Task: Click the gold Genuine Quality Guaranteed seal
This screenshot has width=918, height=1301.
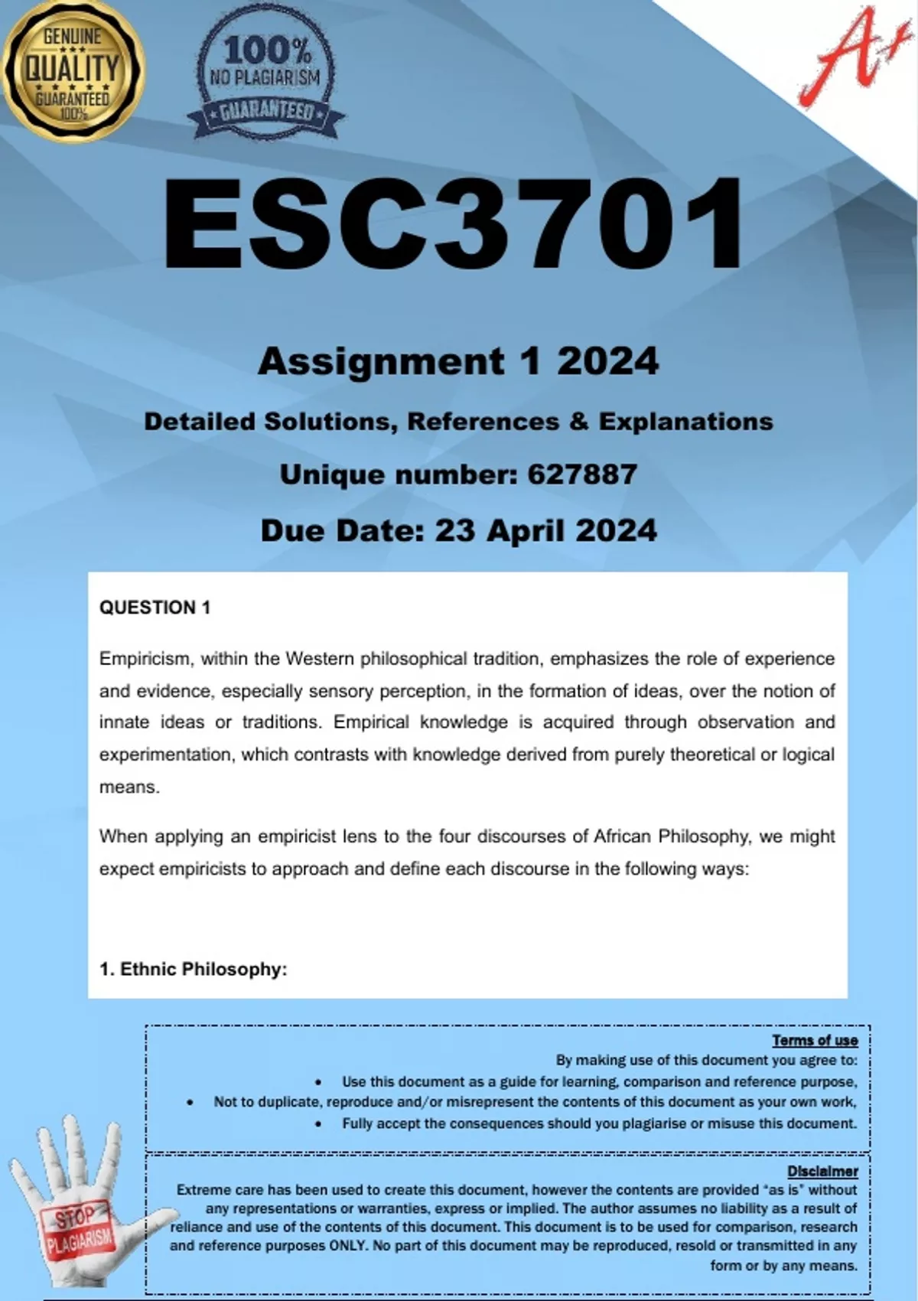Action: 73,70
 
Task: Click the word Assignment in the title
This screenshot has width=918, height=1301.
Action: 381,361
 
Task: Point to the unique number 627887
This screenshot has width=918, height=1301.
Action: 582,474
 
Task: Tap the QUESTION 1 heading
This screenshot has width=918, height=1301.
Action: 155,608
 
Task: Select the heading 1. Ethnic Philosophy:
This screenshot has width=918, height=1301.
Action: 193,969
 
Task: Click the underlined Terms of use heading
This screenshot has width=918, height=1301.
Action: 815,1040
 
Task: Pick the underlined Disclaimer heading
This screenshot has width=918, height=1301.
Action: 822,1171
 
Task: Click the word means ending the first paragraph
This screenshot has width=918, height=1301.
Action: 129,787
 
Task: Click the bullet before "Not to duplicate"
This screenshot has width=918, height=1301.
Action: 190,1103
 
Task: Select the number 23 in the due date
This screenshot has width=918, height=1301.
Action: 454,530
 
